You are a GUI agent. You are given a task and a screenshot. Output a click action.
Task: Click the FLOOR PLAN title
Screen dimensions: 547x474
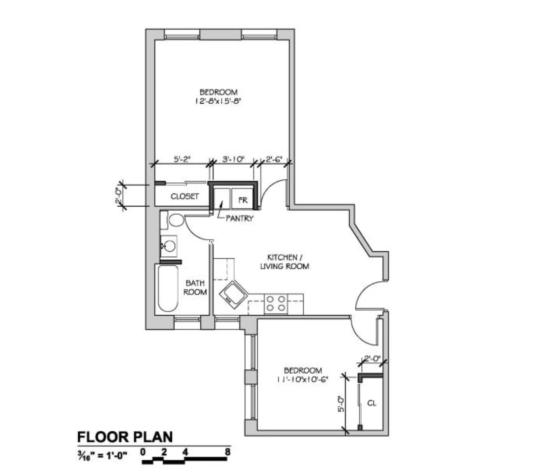click(x=125, y=437)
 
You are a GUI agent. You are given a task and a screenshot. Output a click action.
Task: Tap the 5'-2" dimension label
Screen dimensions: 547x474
click(x=182, y=159)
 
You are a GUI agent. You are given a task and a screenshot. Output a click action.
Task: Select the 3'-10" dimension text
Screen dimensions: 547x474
click(x=233, y=159)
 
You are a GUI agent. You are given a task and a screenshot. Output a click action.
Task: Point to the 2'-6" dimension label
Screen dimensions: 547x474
click(x=274, y=159)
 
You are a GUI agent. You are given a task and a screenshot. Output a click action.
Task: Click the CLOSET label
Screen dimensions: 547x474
click(x=184, y=196)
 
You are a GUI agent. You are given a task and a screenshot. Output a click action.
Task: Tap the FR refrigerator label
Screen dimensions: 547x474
click(x=243, y=200)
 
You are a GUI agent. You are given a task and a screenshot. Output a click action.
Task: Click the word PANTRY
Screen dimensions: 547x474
click(x=239, y=218)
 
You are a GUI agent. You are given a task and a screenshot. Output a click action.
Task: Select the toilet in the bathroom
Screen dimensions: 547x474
click(x=172, y=220)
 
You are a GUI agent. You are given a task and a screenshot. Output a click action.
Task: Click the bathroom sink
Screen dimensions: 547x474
click(x=169, y=246)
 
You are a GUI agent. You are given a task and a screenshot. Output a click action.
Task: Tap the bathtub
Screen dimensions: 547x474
click(x=168, y=288)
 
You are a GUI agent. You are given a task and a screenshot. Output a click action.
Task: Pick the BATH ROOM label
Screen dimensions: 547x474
click(x=195, y=287)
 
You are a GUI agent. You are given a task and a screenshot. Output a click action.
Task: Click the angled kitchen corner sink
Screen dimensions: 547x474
click(x=233, y=295)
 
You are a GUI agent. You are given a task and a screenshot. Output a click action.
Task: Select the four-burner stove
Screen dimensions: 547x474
click(x=276, y=303)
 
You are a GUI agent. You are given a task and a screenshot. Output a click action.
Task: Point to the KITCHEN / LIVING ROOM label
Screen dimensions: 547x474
click(x=285, y=262)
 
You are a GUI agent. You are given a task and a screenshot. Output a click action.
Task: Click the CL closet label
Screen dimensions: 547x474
click(x=371, y=403)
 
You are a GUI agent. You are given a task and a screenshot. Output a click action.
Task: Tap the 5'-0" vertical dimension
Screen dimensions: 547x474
click(x=341, y=404)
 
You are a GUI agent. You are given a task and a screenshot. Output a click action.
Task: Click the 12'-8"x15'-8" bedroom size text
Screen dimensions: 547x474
click(x=218, y=101)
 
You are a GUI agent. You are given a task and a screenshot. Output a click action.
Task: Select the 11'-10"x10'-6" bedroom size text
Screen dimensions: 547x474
click(x=302, y=379)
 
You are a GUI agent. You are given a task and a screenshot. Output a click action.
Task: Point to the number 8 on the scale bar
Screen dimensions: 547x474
click(x=227, y=452)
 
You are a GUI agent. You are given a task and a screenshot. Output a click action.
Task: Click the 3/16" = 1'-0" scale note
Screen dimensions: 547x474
click(x=102, y=456)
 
